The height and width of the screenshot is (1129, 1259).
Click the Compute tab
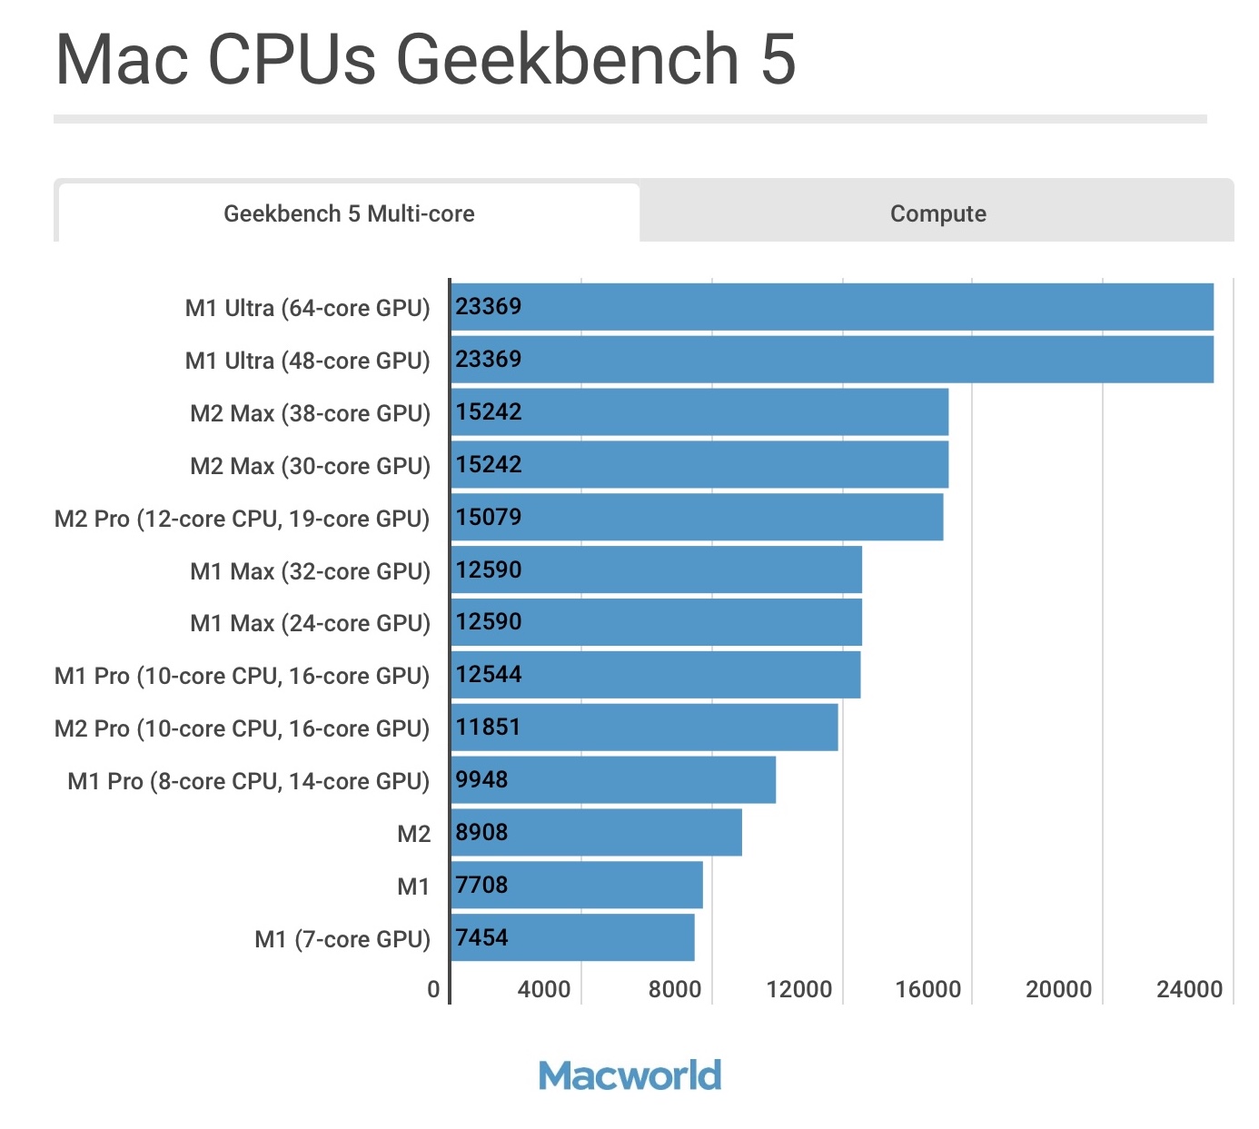pyautogui.click(x=937, y=213)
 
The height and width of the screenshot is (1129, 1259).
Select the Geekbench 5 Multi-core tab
pyautogui.click(x=349, y=213)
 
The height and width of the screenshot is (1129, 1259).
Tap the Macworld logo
pyautogui.click(x=629, y=1075)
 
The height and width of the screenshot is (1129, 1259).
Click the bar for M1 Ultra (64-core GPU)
pyautogui.click(x=832, y=307)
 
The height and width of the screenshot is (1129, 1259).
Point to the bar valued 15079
pyautogui.click(x=697, y=518)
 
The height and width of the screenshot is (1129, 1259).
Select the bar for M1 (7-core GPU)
pyautogui.click(x=572, y=937)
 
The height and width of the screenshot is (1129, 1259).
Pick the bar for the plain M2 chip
pyautogui.click(x=596, y=832)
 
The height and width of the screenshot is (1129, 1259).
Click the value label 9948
pyautogui.click(x=481, y=779)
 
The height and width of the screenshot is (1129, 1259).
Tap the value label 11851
pyautogui.click(x=488, y=727)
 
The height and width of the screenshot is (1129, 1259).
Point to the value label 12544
pyautogui.click(x=489, y=674)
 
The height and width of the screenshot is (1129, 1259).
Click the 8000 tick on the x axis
pyautogui.click(x=674, y=989)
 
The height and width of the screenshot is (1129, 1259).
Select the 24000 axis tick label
pyautogui.click(x=1189, y=989)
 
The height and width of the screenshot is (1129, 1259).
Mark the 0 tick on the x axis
pyautogui.click(x=433, y=989)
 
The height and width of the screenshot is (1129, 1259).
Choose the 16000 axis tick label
pyautogui.click(x=927, y=989)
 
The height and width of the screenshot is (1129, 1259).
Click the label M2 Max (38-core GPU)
pyautogui.click(x=310, y=413)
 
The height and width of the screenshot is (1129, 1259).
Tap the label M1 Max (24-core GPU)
pyautogui.click(x=310, y=623)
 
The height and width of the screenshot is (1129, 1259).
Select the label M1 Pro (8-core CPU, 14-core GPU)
pyautogui.click(x=248, y=781)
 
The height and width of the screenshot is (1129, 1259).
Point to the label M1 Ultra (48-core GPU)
pyautogui.click(x=307, y=361)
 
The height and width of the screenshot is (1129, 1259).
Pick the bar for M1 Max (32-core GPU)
pyautogui.click(x=656, y=570)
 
